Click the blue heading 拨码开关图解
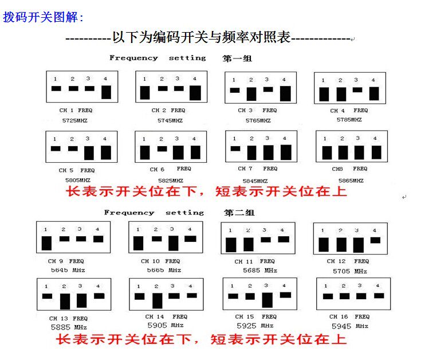click(44, 17)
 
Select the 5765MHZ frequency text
click(257, 121)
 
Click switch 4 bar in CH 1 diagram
click(106, 92)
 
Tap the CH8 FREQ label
click(349, 169)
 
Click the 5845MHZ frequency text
click(257, 179)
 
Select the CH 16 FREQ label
click(348, 317)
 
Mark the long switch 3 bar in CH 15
click(267, 299)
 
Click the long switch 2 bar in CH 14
click(158, 300)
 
